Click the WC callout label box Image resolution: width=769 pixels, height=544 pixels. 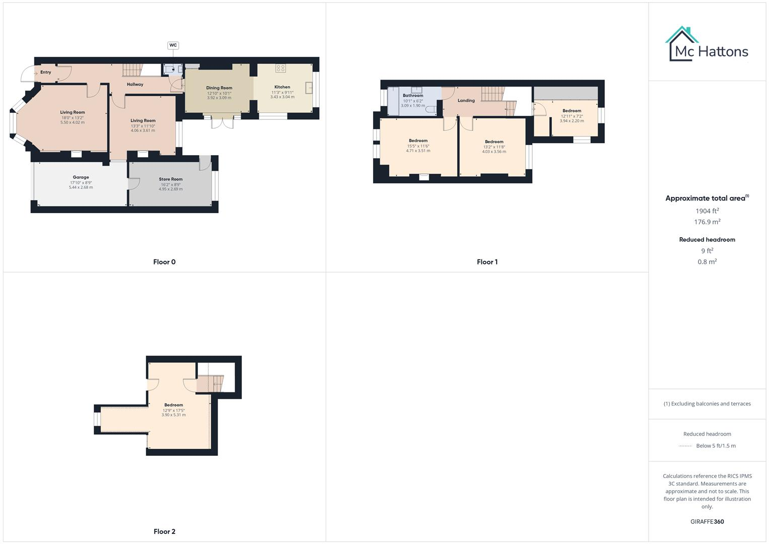[x=173, y=45]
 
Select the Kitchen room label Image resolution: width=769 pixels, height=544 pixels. [x=282, y=87]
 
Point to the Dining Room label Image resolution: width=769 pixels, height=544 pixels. [x=219, y=88]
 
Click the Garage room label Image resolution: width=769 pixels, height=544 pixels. [x=81, y=177]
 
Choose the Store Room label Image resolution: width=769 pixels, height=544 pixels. [x=171, y=179]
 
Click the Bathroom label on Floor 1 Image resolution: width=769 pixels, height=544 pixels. [x=413, y=96]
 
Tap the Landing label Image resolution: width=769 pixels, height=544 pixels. [x=466, y=101]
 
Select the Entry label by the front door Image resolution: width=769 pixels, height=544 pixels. [x=46, y=73]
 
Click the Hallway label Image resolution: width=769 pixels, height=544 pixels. [x=135, y=85]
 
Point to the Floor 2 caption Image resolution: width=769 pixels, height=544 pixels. [x=165, y=531]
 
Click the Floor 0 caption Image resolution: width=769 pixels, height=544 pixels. [x=165, y=262]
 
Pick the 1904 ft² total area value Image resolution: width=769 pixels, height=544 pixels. [x=707, y=211]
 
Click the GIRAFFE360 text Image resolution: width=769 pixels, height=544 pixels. [x=707, y=522]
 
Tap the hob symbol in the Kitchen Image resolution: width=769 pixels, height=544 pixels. [x=281, y=69]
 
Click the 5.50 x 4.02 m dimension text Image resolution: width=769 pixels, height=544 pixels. [x=73, y=122]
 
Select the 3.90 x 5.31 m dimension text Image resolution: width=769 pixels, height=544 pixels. [x=174, y=415]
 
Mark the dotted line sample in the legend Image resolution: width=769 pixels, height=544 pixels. [x=685, y=446]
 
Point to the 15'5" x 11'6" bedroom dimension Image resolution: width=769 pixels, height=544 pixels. [x=418, y=146]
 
